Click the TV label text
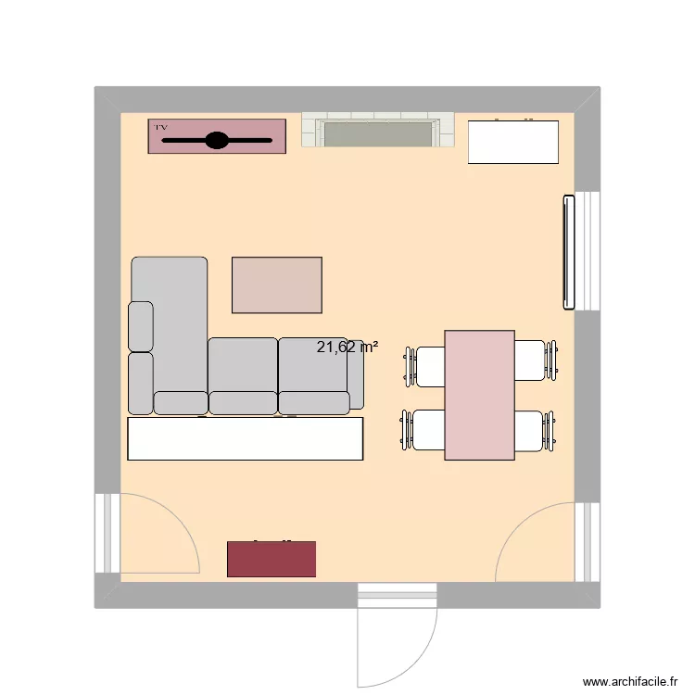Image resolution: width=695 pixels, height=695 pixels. click(161, 126)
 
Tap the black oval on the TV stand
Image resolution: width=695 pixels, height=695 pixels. click(216, 141)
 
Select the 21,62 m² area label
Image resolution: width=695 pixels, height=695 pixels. click(347, 347)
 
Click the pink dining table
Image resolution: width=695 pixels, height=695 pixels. click(479, 395)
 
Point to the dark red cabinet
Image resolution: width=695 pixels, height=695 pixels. click(272, 559)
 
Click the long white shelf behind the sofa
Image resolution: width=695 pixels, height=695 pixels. click(245, 438)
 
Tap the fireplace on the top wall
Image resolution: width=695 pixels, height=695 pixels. click(377, 132)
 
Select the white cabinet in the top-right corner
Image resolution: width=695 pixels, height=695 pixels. click(513, 142)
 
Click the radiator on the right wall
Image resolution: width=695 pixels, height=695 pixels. click(567, 252)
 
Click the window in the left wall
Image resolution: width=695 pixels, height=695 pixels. click(107, 533)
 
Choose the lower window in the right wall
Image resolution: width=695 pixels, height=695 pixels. click(587, 543)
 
